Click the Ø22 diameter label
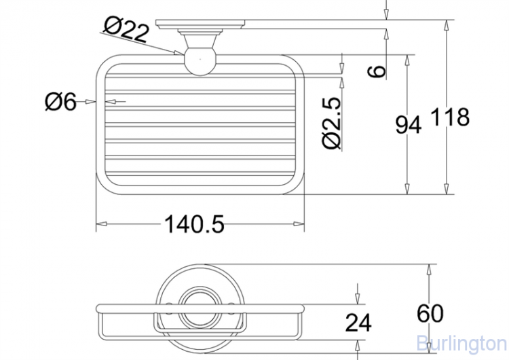[x=127, y=29]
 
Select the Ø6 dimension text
[x=60, y=101]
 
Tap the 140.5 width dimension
[x=194, y=224]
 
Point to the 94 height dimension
[x=408, y=124]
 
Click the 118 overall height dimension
[x=450, y=117]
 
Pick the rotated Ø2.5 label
[x=333, y=123]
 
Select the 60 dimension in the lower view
[x=430, y=313]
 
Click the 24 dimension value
[x=358, y=323]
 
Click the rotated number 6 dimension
[x=377, y=71]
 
